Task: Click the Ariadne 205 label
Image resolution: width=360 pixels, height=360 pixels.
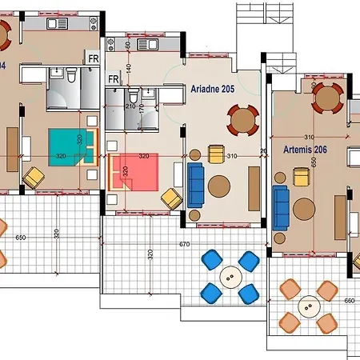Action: pos(213,90)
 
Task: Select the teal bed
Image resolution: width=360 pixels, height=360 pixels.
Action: pos(68,147)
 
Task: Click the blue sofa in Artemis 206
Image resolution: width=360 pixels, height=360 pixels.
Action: pos(280,207)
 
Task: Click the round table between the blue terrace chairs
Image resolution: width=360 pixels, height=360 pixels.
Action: pos(230,278)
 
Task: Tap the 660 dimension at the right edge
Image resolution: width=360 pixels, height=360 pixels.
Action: pos(349,302)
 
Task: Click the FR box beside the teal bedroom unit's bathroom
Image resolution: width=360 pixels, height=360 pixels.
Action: pos(93,58)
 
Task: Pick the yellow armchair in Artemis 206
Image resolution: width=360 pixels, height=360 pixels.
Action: pos(302,177)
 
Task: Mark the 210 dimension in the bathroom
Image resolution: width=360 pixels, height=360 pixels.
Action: pos(130,105)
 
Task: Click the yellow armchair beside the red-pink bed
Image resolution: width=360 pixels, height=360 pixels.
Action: pos(170,198)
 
